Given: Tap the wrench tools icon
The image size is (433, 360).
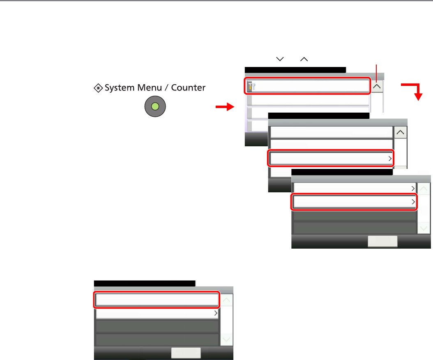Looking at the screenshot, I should (252, 86).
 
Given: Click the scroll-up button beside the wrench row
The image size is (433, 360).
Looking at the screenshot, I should (377, 86).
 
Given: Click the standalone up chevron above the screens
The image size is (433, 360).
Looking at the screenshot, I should (304, 60).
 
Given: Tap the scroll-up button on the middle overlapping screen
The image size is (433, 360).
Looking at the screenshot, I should (401, 132).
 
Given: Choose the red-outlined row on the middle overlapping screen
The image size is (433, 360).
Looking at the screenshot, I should (331, 158).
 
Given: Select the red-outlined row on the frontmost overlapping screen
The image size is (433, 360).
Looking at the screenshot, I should (354, 201).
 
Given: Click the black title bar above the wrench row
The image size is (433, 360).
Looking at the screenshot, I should (295, 69).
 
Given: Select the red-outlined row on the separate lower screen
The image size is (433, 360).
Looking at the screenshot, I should (157, 300).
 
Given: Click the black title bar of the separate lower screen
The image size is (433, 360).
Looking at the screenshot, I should (144, 283).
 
